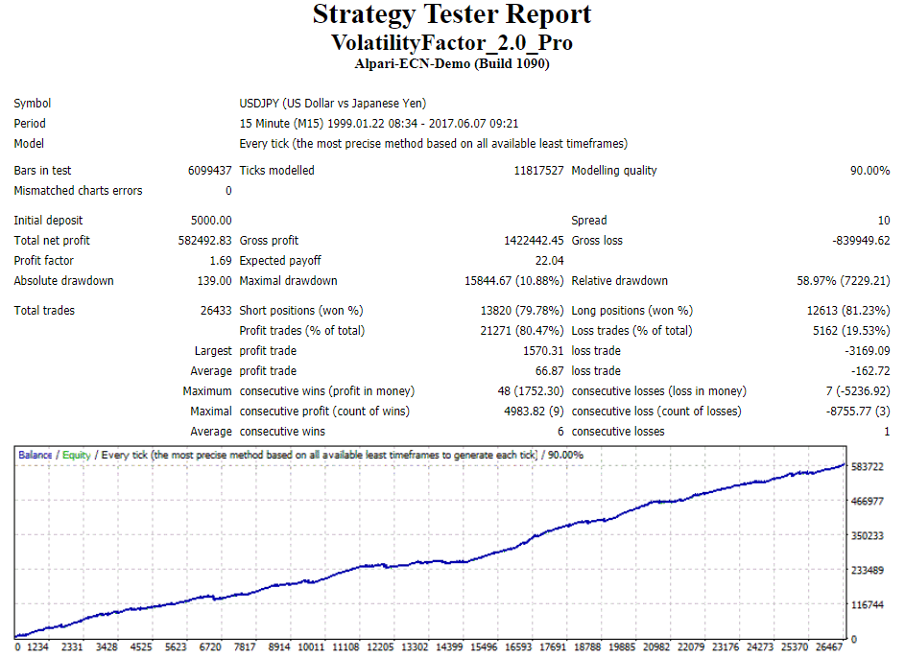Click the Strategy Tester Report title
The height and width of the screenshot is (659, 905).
click(x=452, y=15)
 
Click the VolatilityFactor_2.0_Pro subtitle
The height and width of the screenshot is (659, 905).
click(x=452, y=43)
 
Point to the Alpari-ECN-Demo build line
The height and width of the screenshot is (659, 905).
click(x=452, y=64)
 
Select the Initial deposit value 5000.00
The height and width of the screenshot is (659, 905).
click(x=212, y=221)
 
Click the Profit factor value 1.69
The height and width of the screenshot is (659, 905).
click(x=220, y=261)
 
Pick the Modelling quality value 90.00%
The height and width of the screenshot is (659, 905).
click(x=869, y=171)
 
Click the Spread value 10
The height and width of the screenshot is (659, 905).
click(x=883, y=221)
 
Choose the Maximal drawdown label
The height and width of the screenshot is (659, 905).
click(x=288, y=281)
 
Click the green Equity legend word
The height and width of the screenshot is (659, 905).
click(x=77, y=455)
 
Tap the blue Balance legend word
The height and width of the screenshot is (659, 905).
click(x=36, y=455)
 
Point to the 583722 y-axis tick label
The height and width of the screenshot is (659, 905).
click(x=868, y=466)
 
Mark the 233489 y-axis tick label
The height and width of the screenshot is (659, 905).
click(x=868, y=571)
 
